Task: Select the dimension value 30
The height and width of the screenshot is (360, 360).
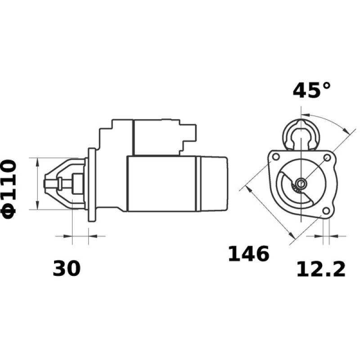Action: [x=67, y=269]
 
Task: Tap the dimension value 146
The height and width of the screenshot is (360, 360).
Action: [x=248, y=254]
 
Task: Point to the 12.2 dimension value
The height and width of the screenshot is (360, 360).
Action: [x=321, y=269]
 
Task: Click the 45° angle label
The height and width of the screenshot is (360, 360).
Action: [x=311, y=90]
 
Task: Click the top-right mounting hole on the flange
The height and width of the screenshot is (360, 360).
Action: [x=327, y=157]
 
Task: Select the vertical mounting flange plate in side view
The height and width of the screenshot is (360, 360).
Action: [x=92, y=184]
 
